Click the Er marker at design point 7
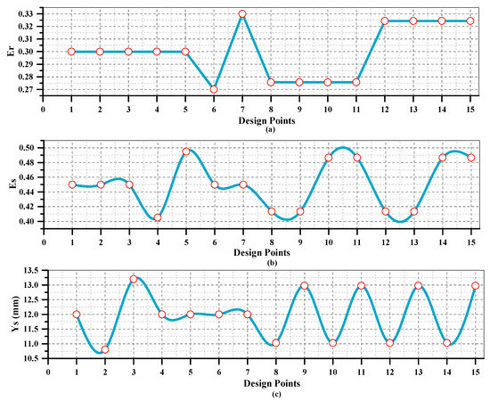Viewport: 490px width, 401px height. [x=242, y=14]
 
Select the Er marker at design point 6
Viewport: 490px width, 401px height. [x=214, y=89]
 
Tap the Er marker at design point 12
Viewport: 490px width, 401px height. [x=385, y=20]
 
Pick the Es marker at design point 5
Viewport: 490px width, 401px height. [x=186, y=151]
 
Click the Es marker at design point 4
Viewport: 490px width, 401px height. [x=158, y=217]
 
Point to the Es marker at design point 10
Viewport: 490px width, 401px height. [x=329, y=158]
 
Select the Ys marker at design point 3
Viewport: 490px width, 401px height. [x=134, y=279]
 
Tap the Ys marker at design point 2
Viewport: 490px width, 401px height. [x=105, y=349]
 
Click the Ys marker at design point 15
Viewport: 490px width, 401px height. [x=476, y=286]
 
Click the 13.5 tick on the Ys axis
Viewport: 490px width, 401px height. [x=34, y=270]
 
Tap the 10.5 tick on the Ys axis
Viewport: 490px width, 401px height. [x=34, y=358]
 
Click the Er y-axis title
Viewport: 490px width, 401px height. [x=9, y=52]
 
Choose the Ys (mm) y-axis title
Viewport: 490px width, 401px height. [x=9, y=315]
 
